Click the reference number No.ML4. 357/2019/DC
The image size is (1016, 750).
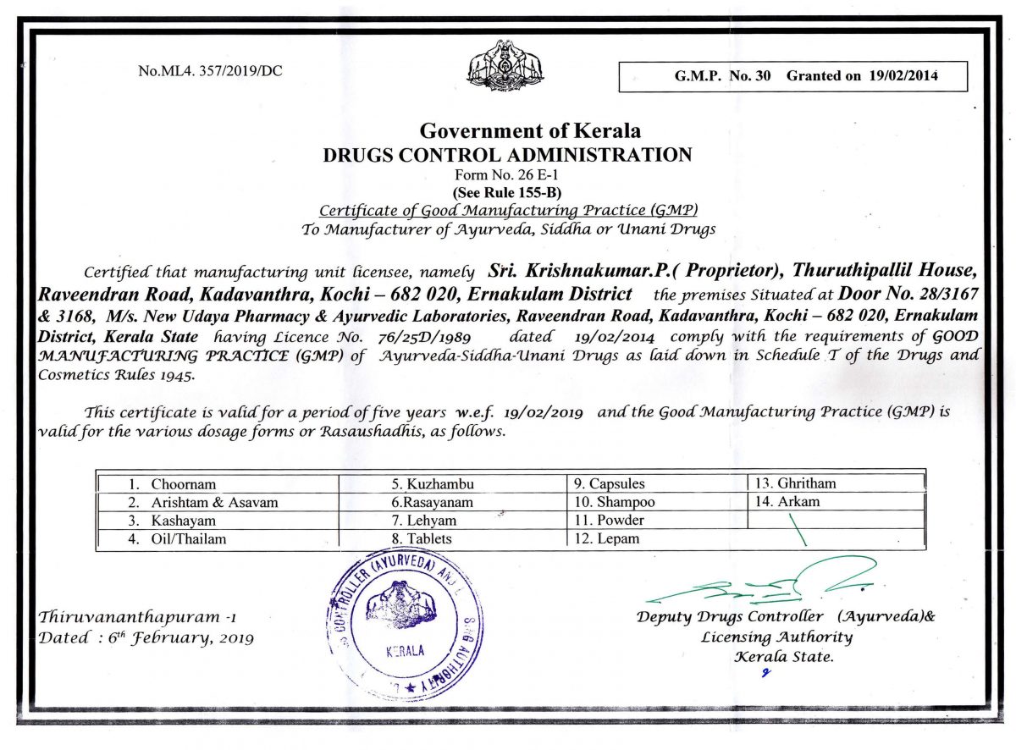point(210,71)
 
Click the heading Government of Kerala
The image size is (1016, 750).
point(530,131)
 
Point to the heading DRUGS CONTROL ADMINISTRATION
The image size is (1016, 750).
point(508,154)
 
